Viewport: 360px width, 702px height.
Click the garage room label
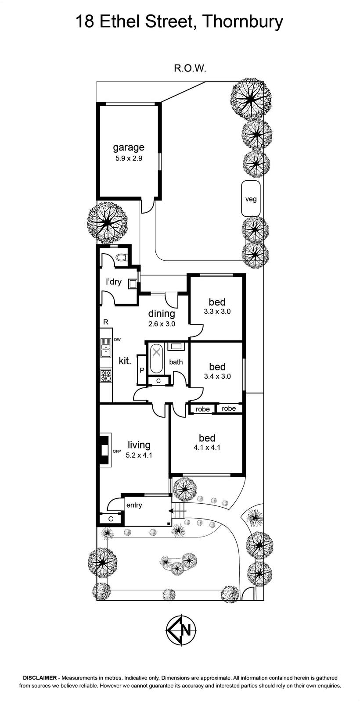coord(129,147)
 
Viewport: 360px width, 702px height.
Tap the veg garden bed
coord(251,198)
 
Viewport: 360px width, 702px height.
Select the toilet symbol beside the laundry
coord(121,258)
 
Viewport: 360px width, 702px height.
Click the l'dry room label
coord(114,282)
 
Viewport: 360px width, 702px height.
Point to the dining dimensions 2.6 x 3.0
coord(162,324)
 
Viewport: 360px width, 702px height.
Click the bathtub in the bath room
coord(156,359)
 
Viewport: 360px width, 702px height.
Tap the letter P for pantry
coord(142,370)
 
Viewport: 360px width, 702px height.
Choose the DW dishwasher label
coord(117,340)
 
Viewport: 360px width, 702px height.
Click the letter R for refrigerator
coord(106,322)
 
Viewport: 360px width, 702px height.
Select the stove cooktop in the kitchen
coord(106,375)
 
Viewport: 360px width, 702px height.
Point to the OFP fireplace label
coord(117,451)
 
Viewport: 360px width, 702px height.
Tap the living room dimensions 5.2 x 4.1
coord(139,455)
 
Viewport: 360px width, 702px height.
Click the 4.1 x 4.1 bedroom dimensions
coord(207,448)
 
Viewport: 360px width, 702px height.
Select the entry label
coord(134,505)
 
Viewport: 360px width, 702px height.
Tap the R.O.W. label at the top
coord(190,68)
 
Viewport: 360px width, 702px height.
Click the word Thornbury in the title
coord(243,23)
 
